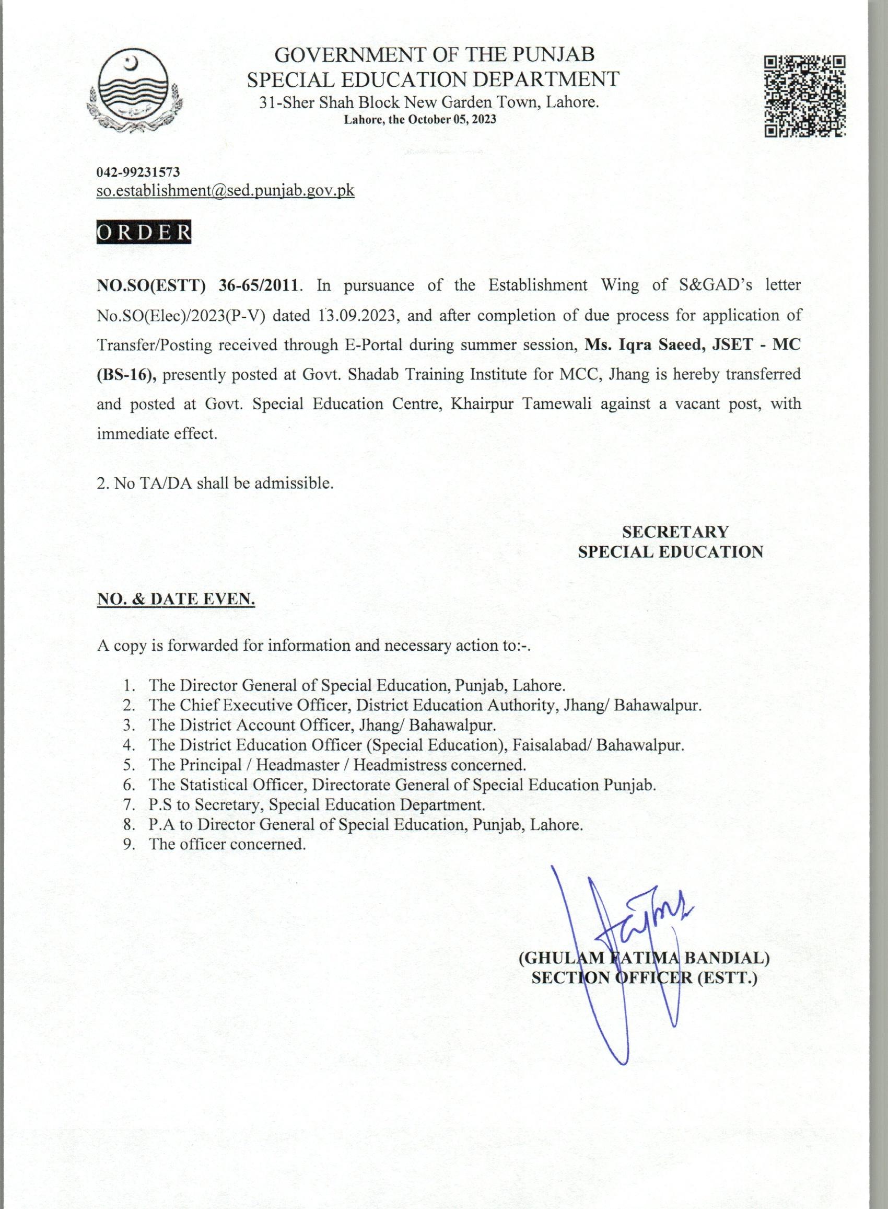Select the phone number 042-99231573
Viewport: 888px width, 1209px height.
click(x=138, y=172)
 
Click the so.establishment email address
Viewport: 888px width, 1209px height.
click(x=225, y=190)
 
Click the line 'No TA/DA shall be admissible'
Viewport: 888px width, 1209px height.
click(x=215, y=483)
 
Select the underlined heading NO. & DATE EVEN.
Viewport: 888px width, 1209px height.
click(x=176, y=599)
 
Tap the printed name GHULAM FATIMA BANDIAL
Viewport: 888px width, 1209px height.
click(x=644, y=958)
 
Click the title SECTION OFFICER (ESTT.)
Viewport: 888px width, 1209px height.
click(x=644, y=978)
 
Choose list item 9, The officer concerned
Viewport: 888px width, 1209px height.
click(x=227, y=844)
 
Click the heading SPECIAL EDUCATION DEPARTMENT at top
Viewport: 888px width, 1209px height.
click(x=433, y=79)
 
